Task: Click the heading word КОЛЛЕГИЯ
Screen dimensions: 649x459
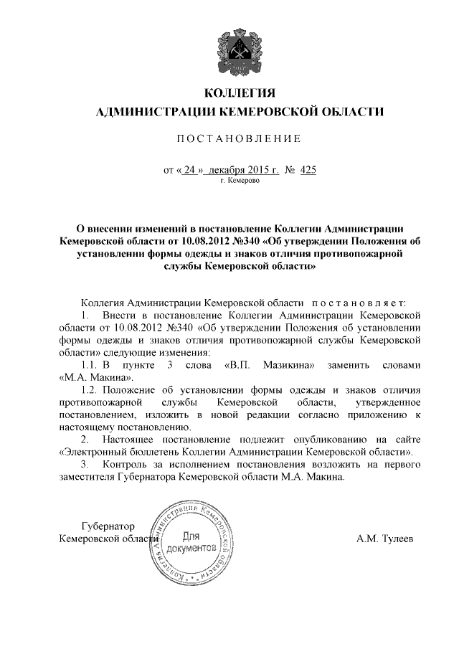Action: coord(240,94)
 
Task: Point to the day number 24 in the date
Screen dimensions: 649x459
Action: coord(189,170)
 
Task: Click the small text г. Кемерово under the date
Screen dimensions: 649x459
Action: coord(240,181)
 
